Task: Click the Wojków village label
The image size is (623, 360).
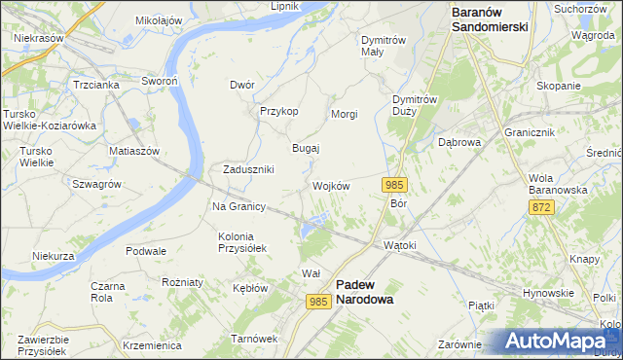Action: coord(331,186)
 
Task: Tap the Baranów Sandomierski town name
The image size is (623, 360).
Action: coord(490,19)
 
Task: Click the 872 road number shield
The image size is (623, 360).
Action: coord(542,207)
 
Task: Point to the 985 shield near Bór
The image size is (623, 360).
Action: coord(394,185)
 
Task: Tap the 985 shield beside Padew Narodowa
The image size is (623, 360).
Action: coord(318,303)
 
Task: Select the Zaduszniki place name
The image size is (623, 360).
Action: coord(248,169)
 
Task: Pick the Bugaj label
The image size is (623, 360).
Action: coord(307,148)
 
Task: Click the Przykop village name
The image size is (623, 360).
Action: coord(278,111)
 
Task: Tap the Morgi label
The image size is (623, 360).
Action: coord(345,114)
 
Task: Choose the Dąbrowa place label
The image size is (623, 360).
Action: coord(459,142)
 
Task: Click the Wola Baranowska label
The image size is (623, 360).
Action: coord(558,184)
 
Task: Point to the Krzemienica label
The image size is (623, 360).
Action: coord(153,345)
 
